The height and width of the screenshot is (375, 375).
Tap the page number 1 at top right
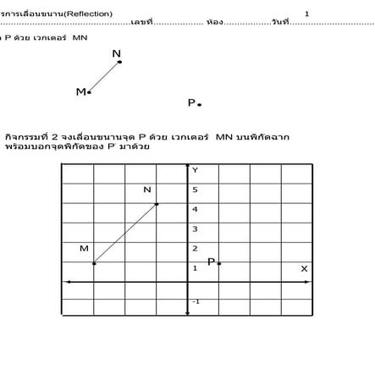(306, 14)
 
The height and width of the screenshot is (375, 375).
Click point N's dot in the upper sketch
(119, 62)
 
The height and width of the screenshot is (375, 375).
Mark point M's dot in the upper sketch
(89, 92)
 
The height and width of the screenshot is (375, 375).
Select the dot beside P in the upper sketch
(200, 105)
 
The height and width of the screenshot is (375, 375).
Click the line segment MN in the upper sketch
(104, 77)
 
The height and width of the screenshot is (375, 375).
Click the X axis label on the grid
(304, 269)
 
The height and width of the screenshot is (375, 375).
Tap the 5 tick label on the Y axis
(195, 190)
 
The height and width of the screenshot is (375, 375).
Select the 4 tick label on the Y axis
(195, 209)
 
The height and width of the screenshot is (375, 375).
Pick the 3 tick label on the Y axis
(195, 229)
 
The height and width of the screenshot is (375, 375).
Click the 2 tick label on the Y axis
(195, 249)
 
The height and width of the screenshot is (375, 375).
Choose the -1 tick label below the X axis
(196, 301)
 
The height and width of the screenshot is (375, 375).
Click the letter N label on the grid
(147, 190)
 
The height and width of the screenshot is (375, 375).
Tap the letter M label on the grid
(84, 249)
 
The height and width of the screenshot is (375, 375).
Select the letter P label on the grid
(211, 262)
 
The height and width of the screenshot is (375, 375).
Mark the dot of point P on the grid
(219, 263)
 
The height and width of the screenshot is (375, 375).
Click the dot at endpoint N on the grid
(157, 204)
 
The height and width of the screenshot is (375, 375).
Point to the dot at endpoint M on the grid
(94, 263)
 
